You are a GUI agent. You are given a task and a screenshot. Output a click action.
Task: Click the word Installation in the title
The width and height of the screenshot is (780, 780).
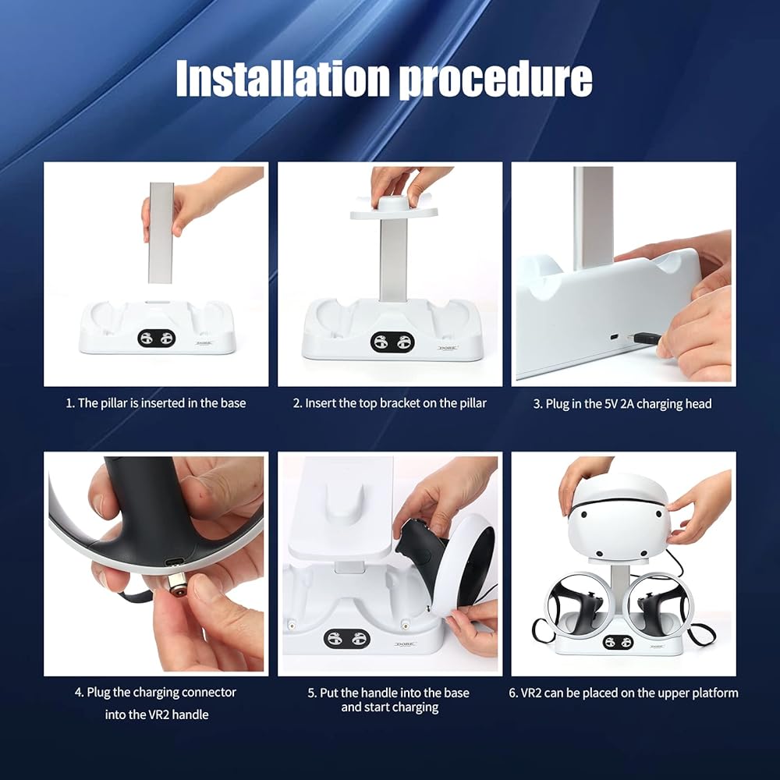click(x=282, y=79)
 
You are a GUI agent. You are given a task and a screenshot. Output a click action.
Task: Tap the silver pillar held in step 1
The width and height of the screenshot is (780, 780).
click(x=161, y=232)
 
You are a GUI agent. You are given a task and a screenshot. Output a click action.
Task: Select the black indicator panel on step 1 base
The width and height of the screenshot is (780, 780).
click(x=157, y=339)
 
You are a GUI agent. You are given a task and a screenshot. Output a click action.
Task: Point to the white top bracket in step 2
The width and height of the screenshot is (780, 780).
click(x=394, y=209)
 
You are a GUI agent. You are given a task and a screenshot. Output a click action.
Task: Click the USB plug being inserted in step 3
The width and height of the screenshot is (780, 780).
click(x=645, y=339)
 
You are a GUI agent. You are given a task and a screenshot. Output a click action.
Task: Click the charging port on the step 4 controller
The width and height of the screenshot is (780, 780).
click(x=175, y=562)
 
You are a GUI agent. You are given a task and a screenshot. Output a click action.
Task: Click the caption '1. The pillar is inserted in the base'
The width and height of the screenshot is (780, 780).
click(x=156, y=403)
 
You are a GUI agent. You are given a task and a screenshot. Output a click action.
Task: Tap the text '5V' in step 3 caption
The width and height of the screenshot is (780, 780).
click(x=611, y=403)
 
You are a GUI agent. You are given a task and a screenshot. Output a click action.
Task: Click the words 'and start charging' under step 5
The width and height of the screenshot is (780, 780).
click(x=390, y=707)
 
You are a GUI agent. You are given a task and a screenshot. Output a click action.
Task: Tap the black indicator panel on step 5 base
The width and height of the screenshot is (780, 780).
click(x=347, y=638)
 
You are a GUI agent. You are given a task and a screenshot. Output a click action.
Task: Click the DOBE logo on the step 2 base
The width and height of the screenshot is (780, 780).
click(x=448, y=348)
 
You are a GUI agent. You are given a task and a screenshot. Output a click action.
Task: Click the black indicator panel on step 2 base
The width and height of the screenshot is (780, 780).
click(x=392, y=342)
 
